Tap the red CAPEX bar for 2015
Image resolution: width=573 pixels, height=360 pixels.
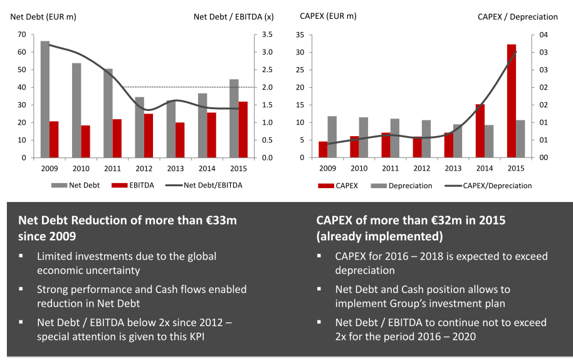(511, 101)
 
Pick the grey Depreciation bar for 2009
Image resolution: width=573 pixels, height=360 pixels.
(332, 137)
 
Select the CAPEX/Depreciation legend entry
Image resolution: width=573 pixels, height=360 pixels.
(488, 186)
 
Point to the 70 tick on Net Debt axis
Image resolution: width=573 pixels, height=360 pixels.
(22, 34)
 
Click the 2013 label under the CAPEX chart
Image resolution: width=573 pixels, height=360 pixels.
(453, 168)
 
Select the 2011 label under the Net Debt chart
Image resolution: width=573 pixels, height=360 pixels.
(112, 168)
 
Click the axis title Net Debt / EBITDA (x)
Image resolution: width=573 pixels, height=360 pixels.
(224, 16)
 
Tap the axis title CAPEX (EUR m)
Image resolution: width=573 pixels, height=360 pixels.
(328, 16)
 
